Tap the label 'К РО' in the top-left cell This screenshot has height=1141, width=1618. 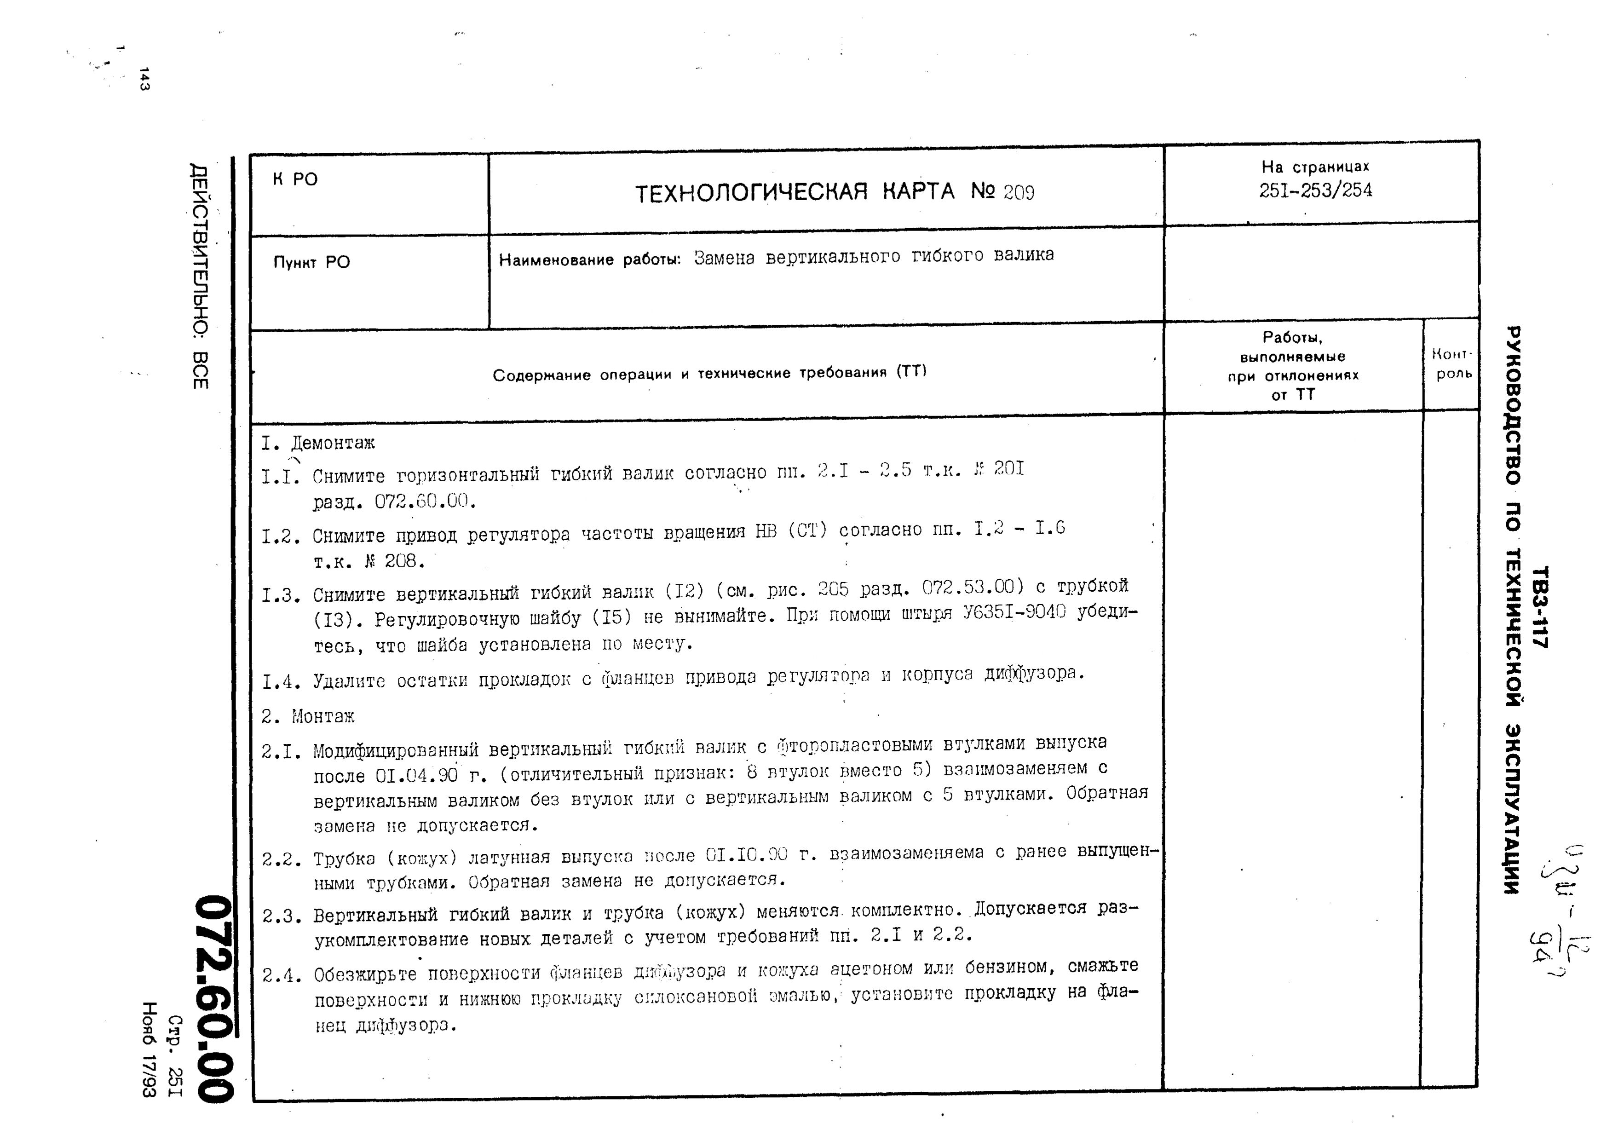[x=295, y=180]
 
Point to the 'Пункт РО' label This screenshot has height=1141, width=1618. [x=311, y=262]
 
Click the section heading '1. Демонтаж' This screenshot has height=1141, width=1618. [x=318, y=444]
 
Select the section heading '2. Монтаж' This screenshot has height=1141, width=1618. [x=308, y=717]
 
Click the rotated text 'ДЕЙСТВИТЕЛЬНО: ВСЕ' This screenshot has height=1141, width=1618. [x=200, y=276]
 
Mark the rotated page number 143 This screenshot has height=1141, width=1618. [x=144, y=79]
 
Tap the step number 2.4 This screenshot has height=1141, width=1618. [x=282, y=976]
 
